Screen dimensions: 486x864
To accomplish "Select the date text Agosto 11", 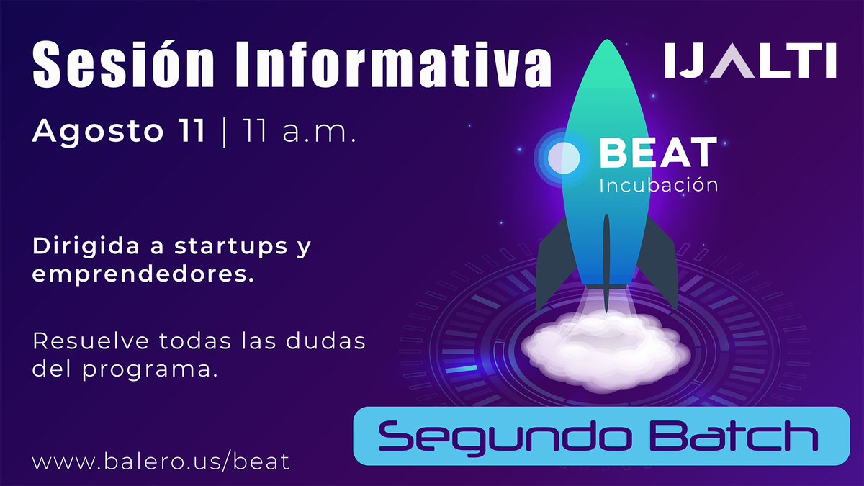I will click(118, 132).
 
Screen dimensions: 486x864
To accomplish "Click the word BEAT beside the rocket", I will click(658, 152).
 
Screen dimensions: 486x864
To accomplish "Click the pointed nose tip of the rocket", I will click(606, 45).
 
